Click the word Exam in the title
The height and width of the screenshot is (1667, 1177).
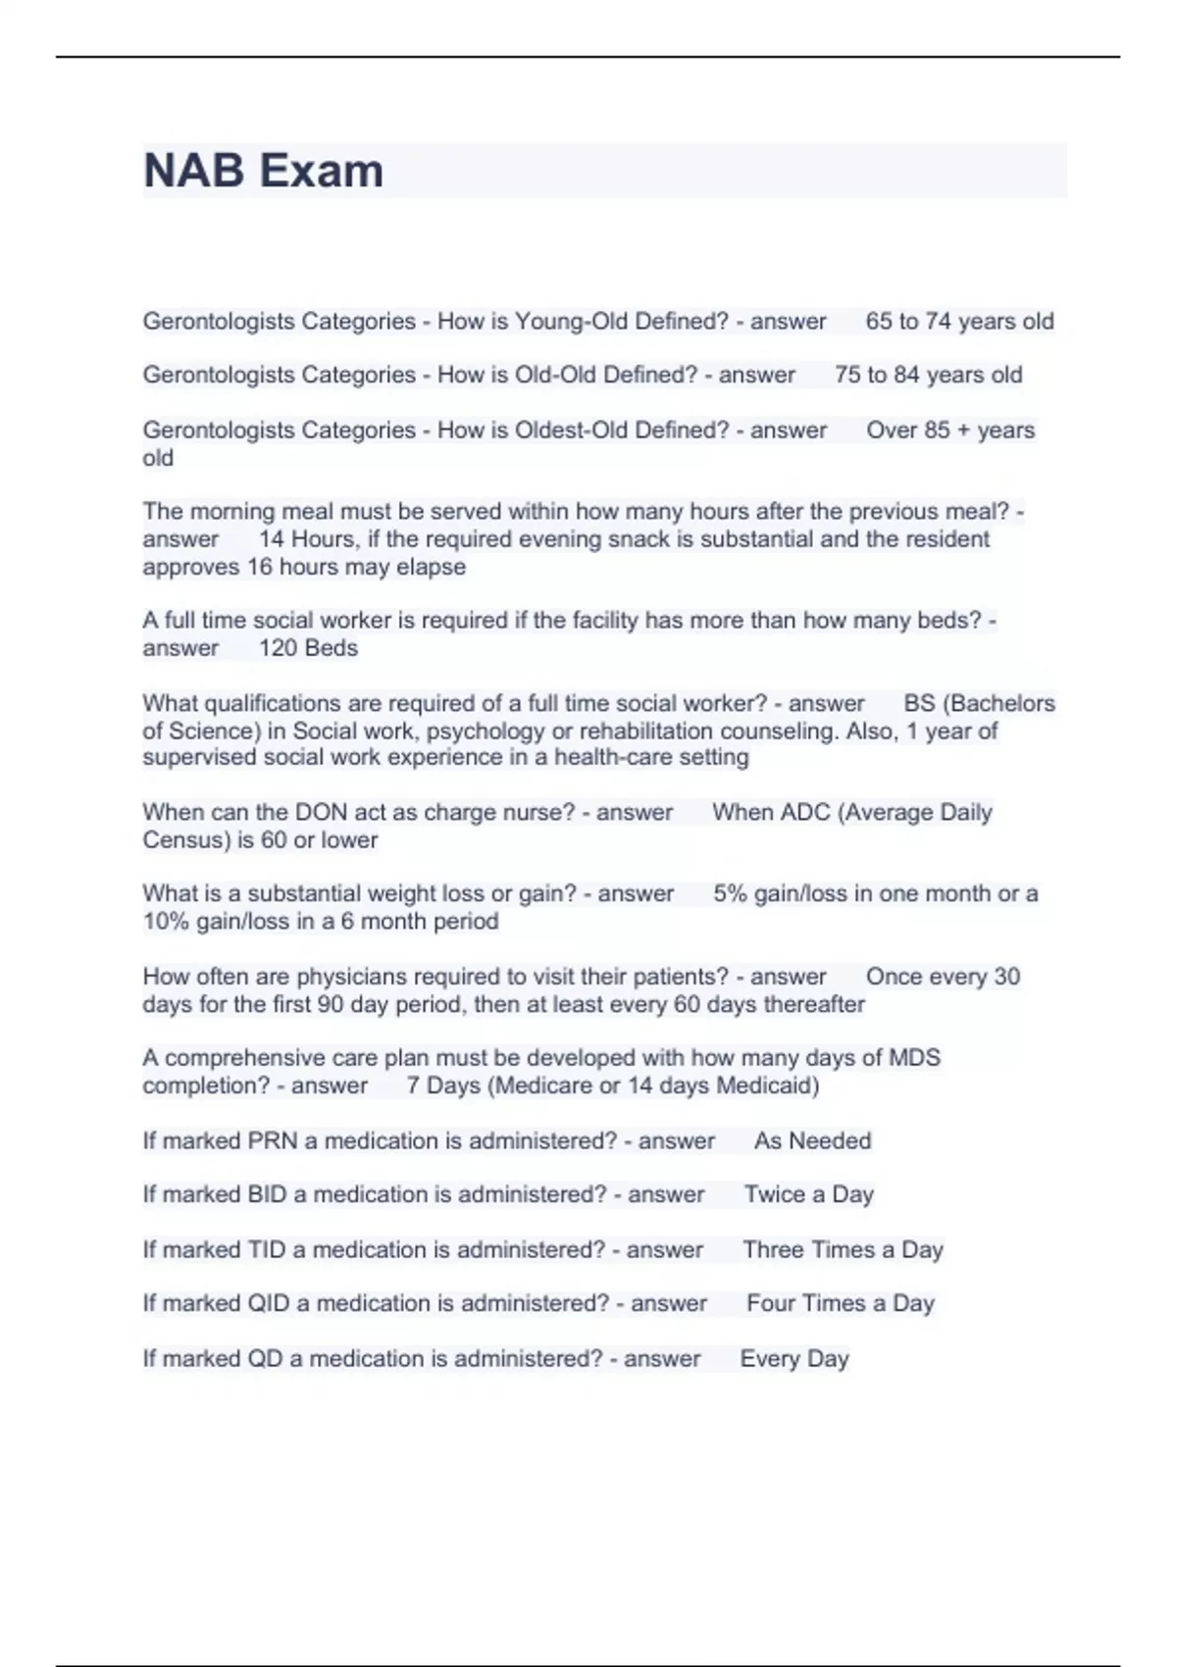[x=322, y=171]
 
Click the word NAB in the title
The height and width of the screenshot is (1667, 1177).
[x=193, y=171]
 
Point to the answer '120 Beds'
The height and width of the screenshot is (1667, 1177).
[x=308, y=648]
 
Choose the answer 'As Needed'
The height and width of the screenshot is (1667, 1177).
[x=812, y=1141]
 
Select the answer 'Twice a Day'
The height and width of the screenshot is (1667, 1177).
[x=808, y=1194]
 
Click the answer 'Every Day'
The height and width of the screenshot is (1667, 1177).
[x=793, y=1359]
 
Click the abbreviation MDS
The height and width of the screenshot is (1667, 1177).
[x=914, y=1058]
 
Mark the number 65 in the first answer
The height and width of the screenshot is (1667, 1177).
[x=879, y=322]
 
